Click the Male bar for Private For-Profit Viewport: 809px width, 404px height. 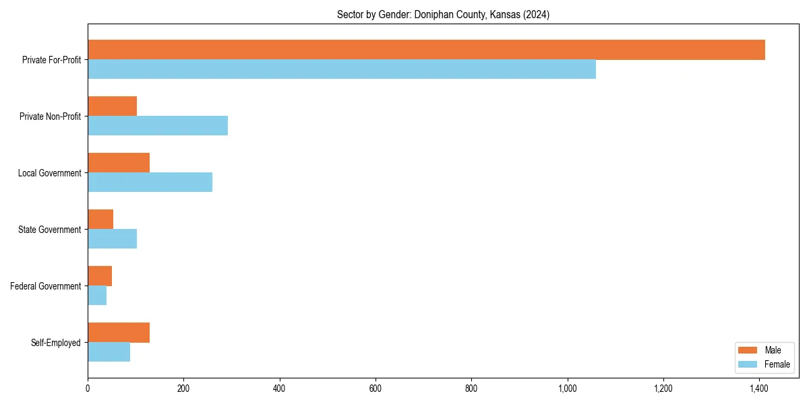[x=426, y=50]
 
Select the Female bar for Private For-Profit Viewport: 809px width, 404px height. [x=342, y=69]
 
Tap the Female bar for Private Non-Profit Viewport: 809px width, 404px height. [x=158, y=126]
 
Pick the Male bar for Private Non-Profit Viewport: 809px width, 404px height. [x=112, y=106]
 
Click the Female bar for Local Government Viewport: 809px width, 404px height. [x=150, y=182]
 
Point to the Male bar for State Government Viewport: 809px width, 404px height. [x=100, y=220]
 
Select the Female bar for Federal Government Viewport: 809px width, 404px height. [x=97, y=296]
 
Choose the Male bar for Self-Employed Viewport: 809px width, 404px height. [x=119, y=333]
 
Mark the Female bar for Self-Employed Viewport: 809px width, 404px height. [x=109, y=352]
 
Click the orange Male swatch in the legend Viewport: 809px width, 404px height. [x=748, y=350]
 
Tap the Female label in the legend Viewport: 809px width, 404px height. [x=777, y=364]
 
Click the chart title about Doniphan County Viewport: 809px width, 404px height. [x=443, y=15]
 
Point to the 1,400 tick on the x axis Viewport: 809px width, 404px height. [x=760, y=389]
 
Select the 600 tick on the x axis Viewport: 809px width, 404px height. [x=376, y=389]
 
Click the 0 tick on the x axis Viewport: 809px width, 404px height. [x=88, y=389]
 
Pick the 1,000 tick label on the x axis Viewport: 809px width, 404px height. [x=568, y=389]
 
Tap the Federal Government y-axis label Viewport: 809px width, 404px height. [x=46, y=286]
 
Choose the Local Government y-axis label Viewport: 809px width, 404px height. [x=49, y=173]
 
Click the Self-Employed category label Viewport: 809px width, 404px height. [x=55, y=343]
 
